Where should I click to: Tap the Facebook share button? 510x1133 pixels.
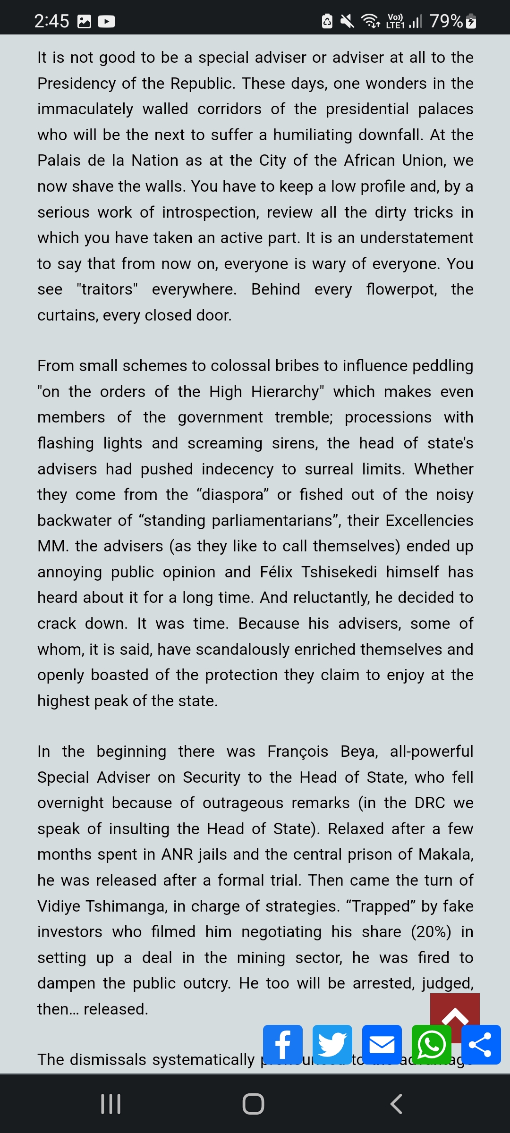[282, 1044]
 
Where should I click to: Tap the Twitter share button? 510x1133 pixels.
[332, 1044]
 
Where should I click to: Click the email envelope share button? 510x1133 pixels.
[382, 1044]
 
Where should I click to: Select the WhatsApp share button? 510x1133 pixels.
[431, 1044]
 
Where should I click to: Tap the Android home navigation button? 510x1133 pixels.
[253, 1104]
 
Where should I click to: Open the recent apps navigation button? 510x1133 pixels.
[111, 1104]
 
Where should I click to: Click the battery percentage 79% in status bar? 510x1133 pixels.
[446, 21]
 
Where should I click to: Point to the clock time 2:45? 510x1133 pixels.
[51, 21]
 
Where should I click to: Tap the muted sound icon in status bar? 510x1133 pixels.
[348, 21]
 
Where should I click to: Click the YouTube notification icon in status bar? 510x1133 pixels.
[106, 21]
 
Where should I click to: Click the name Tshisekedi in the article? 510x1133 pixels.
[339, 572]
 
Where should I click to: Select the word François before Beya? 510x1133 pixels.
[297, 751]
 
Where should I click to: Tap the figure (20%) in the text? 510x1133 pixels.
[431, 931]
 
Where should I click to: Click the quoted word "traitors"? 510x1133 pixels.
[107, 289]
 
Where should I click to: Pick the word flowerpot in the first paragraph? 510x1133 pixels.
[401, 289]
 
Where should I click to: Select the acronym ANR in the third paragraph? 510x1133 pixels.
[177, 854]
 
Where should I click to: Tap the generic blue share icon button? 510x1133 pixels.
[481, 1044]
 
